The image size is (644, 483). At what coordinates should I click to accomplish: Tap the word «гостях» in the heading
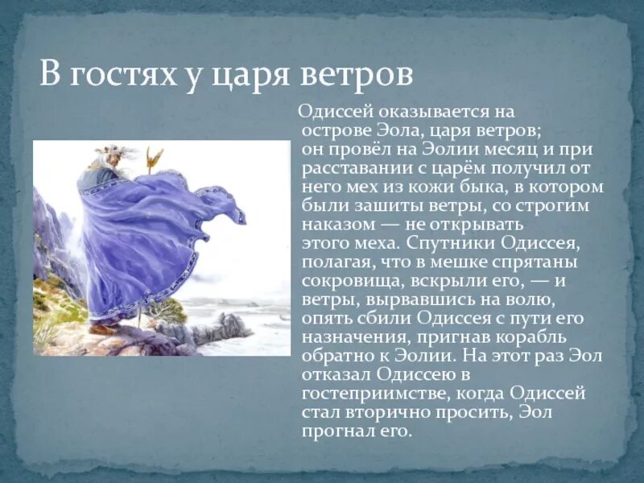click(128, 78)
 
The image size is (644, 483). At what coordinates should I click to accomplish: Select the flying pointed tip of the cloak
click(238, 216)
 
